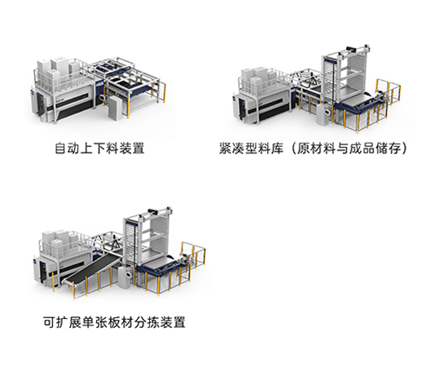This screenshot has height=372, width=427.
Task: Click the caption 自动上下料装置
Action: coord(99,148)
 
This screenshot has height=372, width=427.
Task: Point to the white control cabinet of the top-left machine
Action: coord(115,108)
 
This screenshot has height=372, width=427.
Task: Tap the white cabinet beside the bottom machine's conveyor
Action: coord(125,277)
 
